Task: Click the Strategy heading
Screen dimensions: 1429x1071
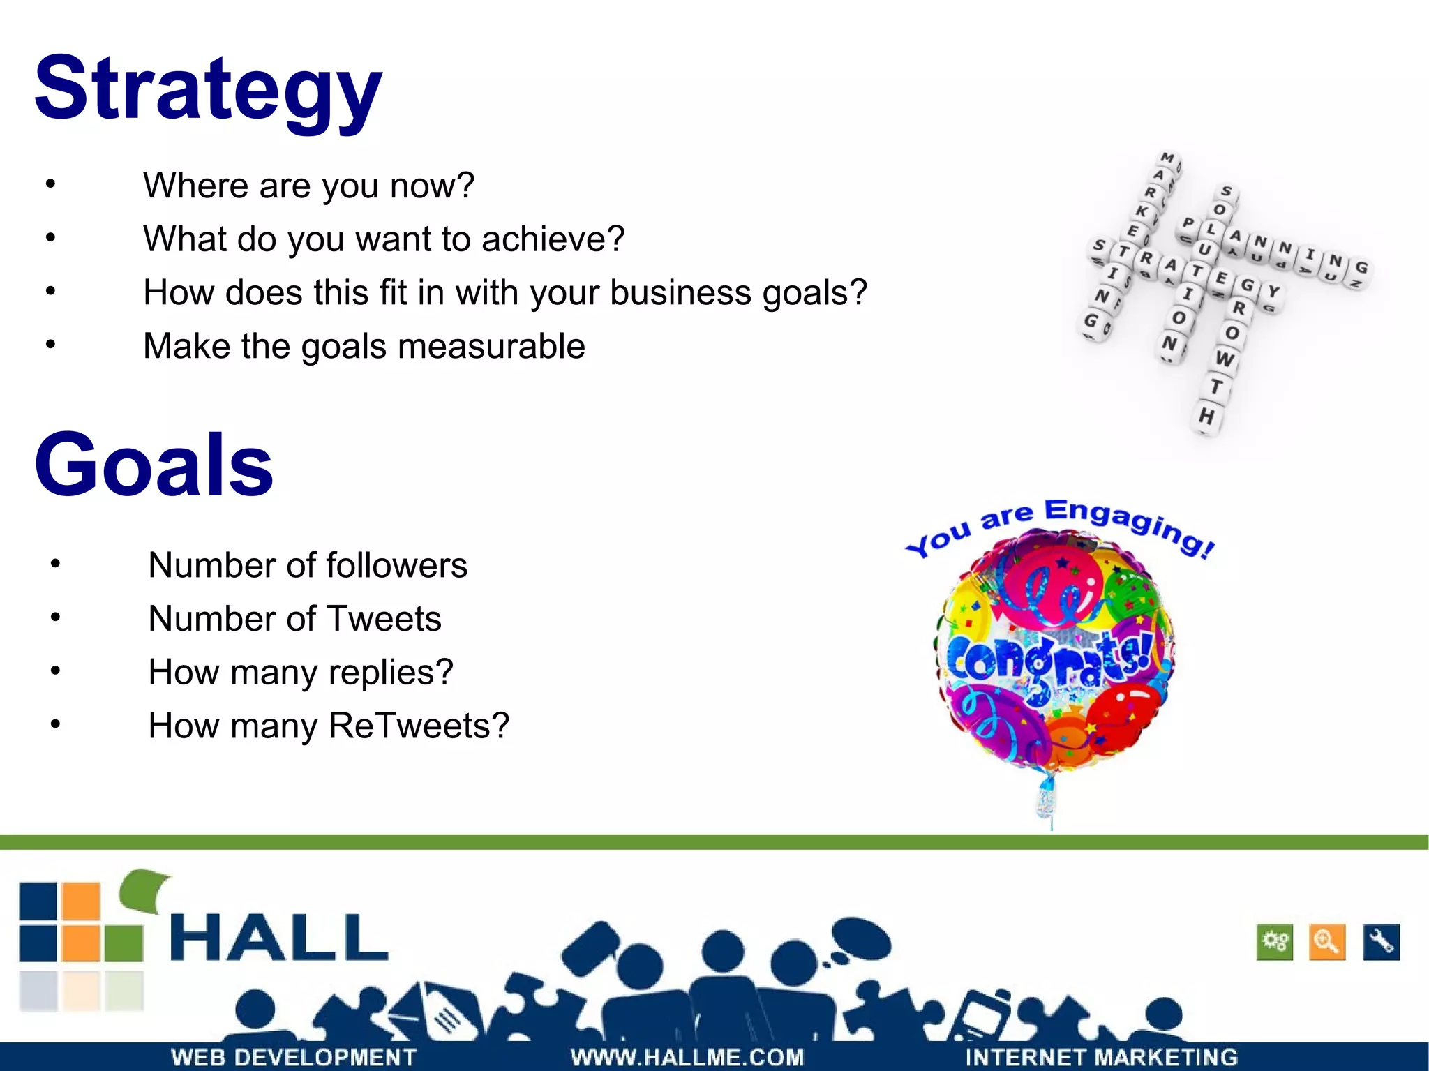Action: click(208, 91)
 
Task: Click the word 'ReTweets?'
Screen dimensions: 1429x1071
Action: click(419, 726)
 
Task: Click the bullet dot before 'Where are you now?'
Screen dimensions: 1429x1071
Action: click(50, 185)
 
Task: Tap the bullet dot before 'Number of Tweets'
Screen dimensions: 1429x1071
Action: click(56, 617)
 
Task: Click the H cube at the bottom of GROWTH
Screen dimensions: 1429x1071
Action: click(1206, 417)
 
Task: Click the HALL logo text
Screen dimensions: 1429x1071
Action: click(279, 938)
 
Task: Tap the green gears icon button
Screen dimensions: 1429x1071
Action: click(1274, 942)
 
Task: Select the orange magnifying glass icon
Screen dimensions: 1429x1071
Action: click(1326, 942)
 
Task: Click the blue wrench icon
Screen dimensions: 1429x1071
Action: click(1381, 942)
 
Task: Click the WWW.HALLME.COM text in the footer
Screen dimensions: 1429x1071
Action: click(687, 1057)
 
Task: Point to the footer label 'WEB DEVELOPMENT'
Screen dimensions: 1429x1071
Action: click(294, 1057)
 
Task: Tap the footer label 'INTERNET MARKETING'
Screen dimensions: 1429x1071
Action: click(1101, 1057)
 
